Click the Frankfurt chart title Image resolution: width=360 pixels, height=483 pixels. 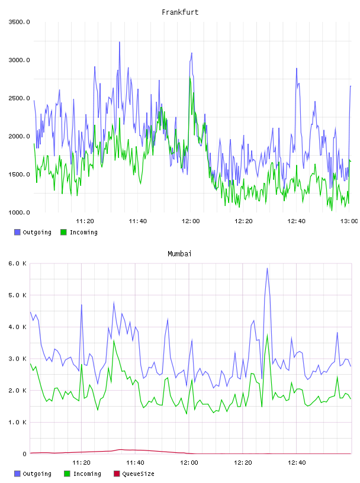[x=180, y=12]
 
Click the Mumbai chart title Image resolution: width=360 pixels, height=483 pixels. [x=179, y=254]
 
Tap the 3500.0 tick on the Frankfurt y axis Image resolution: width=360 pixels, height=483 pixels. [x=19, y=22]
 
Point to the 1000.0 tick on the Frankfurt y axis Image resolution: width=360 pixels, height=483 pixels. [x=19, y=212]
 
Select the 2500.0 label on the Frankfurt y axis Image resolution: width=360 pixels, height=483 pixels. [x=19, y=98]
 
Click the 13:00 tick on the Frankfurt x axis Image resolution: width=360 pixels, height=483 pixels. [x=349, y=221]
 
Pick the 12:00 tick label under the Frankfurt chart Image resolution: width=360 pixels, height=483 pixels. [x=191, y=221]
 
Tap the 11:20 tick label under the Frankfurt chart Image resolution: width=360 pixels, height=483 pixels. [x=85, y=221]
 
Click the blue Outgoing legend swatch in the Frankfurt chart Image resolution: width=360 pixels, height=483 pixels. [x=17, y=232]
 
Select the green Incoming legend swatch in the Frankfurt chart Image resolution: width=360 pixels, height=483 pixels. [x=63, y=232]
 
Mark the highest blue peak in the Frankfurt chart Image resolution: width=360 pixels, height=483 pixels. [x=120, y=42]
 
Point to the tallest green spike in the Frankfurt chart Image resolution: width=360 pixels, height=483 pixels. [x=190, y=78]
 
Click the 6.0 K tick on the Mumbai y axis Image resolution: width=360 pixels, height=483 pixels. [x=17, y=263]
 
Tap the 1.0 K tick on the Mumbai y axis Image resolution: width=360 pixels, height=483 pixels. [x=17, y=422]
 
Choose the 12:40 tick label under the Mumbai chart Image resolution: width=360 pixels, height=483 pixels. [x=297, y=463]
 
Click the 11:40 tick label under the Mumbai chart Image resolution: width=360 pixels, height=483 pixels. [x=135, y=463]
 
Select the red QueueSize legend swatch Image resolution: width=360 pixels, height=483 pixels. [x=117, y=474]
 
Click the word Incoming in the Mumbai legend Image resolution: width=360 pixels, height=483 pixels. [x=87, y=474]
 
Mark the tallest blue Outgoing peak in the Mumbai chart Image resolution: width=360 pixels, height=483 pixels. [x=267, y=268]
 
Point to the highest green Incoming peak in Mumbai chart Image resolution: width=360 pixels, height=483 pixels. [x=267, y=335]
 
